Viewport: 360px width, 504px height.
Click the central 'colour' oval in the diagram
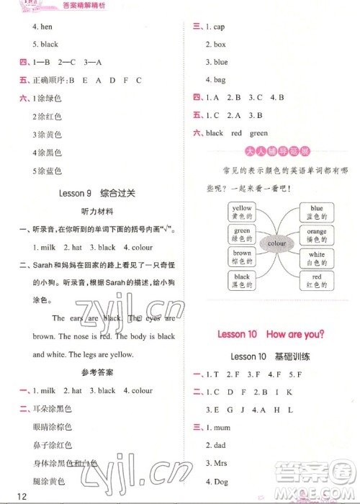click(x=277, y=244)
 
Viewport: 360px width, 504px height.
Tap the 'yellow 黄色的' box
click(x=242, y=212)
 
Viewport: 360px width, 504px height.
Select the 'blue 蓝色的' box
click(x=317, y=212)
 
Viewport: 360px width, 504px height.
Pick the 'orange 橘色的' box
click(x=317, y=235)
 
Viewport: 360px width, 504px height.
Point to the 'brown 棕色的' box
click(x=242, y=258)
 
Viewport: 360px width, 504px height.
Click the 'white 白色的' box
click(x=317, y=258)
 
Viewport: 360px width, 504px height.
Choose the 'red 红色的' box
click(x=317, y=282)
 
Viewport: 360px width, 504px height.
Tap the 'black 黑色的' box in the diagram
click(x=242, y=281)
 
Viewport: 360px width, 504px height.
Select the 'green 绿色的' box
click(x=242, y=235)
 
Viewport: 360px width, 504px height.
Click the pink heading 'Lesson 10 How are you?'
click(x=270, y=333)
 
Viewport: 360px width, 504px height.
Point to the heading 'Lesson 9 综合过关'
click(x=89, y=193)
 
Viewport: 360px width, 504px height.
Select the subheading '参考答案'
click(x=90, y=372)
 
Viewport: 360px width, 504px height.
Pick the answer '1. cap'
click(x=215, y=27)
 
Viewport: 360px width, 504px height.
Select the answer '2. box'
click(x=215, y=45)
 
